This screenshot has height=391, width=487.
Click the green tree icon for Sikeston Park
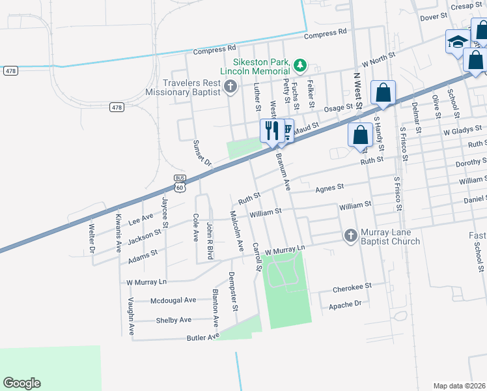299,65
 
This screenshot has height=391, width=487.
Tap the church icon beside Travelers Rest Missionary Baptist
230,86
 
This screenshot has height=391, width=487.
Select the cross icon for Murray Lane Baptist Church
350,235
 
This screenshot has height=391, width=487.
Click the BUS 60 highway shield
180,184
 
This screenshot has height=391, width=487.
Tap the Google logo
21,383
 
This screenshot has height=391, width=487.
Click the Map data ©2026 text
458,386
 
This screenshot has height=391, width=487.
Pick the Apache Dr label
345,304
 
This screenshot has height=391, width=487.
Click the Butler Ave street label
203,337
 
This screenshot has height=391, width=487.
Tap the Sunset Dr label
201,153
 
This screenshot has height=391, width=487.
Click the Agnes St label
329,188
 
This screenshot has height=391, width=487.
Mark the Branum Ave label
282,171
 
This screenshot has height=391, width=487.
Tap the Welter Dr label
92,239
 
